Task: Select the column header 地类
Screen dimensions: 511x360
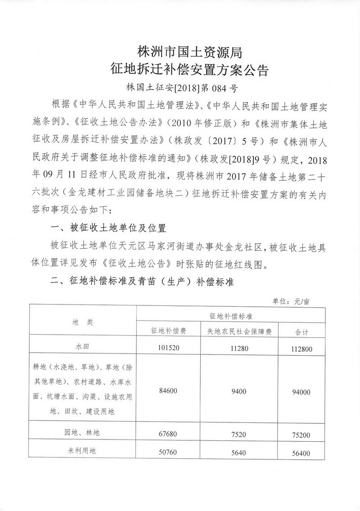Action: (83, 323)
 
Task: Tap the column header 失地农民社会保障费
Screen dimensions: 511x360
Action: (238, 331)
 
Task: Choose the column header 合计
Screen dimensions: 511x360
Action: (301, 332)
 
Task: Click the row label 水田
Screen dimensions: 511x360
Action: (83, 347)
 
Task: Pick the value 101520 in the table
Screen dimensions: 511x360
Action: (169, 347)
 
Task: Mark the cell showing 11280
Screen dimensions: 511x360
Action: (238, 347)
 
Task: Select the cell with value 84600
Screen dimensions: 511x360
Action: (169, 391)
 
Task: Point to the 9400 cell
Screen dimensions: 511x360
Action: (238, 391)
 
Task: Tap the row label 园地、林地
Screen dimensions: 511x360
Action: (83, 433)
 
